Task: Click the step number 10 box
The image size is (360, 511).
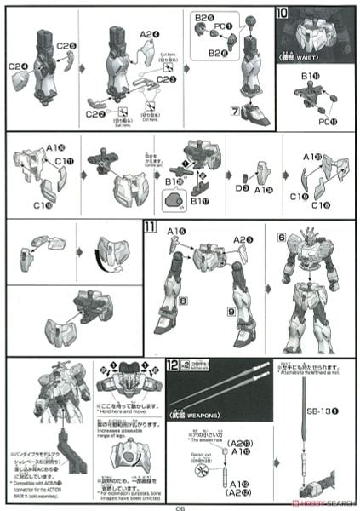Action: [x=282, y=14]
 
